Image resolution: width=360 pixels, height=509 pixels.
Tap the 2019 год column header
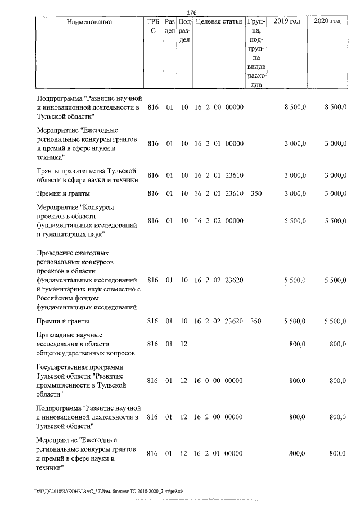[287, 22]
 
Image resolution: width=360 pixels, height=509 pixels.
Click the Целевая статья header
[219, 22]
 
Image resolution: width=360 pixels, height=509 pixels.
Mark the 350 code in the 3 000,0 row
[256, 193]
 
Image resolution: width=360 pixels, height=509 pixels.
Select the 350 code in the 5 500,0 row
[256, 321]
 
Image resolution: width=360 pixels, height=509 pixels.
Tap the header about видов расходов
[256, 53]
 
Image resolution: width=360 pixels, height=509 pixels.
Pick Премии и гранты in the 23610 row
[62, 193]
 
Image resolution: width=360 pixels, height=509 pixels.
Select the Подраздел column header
[184, 31]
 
